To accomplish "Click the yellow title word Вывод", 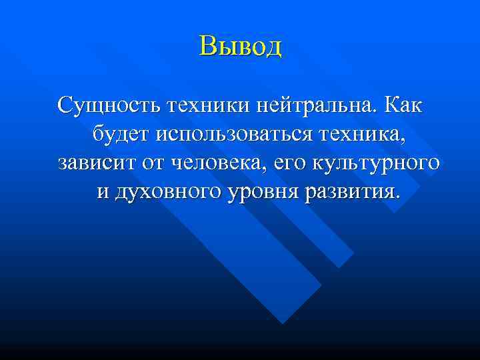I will coord(240,46).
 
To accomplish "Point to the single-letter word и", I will coord(103,193).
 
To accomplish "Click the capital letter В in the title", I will coord(207,46).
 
